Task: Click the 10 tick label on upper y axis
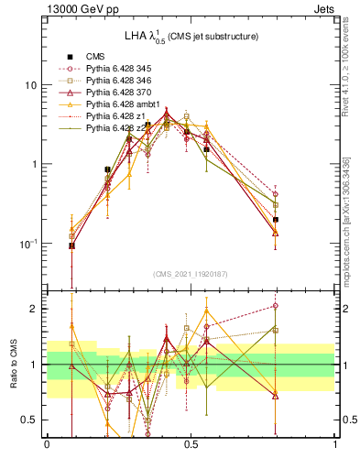[30, 85]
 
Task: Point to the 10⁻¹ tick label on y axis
[28, 243]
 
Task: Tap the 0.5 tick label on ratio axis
[31, 420]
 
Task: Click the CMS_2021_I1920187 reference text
[191, 274]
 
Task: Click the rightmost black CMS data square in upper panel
[276, 220]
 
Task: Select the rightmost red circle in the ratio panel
[276, 306]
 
